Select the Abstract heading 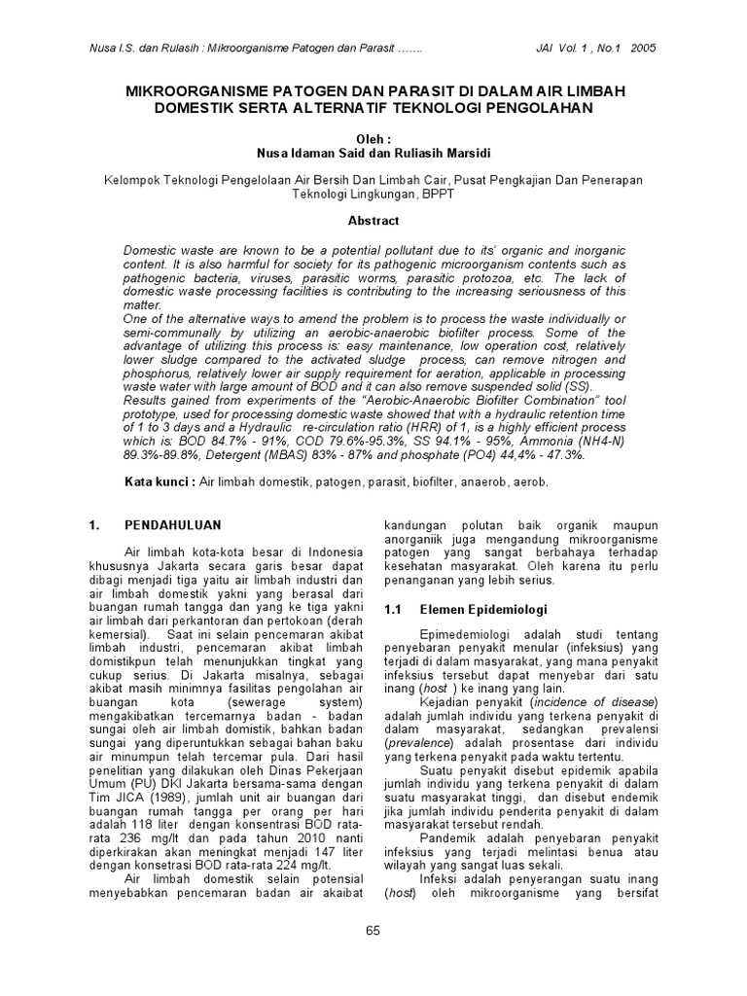tap(373, 221)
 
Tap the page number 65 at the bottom tap(373, 931)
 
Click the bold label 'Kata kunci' tap(159, 482)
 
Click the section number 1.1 tap(393, 610)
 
